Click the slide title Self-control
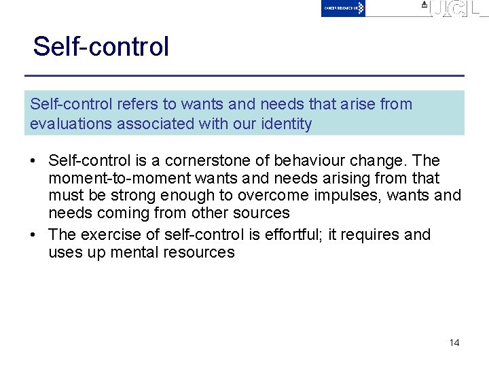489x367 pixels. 101,47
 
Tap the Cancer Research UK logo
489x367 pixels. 343,8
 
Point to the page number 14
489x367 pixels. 454,343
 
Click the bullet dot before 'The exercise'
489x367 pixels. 33,235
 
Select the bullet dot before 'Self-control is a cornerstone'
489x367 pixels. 33,161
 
